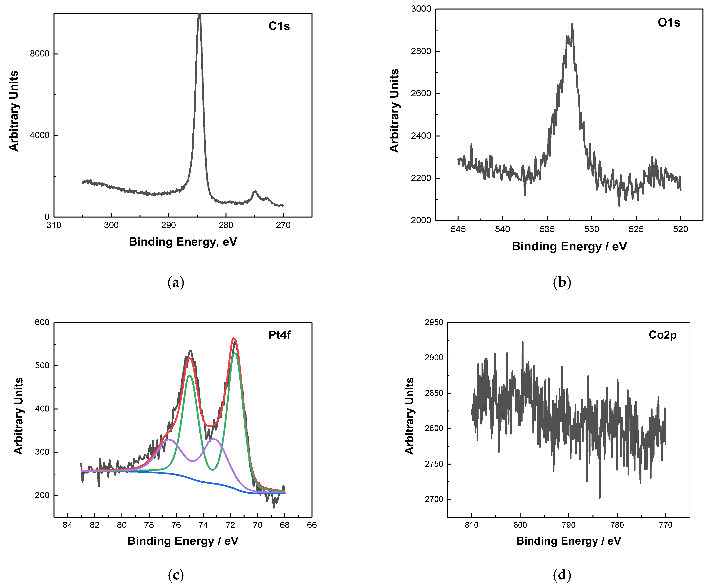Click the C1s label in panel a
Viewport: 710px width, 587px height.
[x=279, y=26]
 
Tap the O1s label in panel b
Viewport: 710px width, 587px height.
[x=669, y=23]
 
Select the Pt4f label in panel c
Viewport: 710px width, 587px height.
[x=279, y=335]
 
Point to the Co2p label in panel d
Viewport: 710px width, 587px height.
[x=662, y=335]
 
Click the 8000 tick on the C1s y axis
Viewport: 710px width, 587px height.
[x=40, y=54]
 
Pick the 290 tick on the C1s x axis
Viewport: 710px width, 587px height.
[x=168, y=225]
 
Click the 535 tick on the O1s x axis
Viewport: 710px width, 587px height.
[x=547, y=229]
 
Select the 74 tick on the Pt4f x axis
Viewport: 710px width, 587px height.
[x=203, y=525]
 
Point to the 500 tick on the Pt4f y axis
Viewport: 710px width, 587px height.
[x=42, y=366]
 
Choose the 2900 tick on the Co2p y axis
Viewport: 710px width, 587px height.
[x=434, y=358]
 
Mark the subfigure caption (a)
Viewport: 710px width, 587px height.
[x=176, y=282]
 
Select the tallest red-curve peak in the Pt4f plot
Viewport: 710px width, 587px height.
[x=233, y=338]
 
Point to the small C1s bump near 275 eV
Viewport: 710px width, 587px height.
[x=255, y=192]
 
